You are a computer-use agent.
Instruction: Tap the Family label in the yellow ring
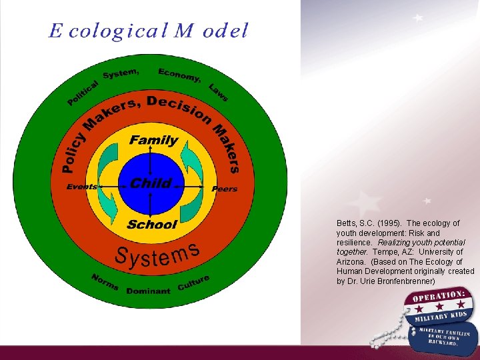153,140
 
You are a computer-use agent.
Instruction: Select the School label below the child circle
152,225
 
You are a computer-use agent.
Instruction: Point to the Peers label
224,189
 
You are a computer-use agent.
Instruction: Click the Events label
81,187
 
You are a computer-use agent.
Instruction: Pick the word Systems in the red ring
157,255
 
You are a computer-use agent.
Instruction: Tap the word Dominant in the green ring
148,291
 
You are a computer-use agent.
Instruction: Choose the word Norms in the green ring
105,283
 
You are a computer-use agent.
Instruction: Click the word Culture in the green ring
194,283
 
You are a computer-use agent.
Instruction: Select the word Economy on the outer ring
179,75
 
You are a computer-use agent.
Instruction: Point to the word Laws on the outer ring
219,92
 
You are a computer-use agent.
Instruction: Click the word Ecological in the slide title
103,31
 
